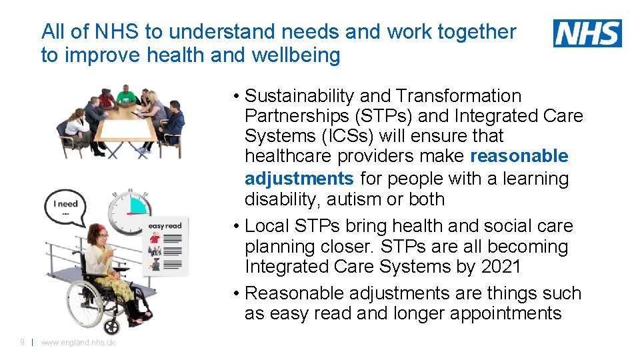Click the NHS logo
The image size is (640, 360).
pos(587,33)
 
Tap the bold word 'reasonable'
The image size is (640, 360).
pos(519,157)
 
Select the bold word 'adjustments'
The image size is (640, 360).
pos(299,179)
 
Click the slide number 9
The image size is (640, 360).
pos(22,342)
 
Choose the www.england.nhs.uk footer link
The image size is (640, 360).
pos(78,343)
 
